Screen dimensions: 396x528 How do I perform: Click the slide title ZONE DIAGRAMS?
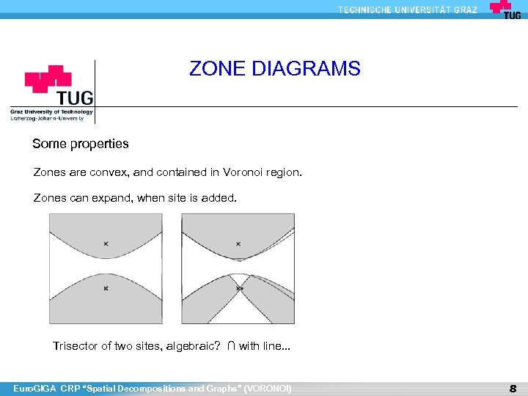pyautogui.click(x=275, y=69)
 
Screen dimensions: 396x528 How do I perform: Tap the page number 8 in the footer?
pyautogui.click(x=513, y=388)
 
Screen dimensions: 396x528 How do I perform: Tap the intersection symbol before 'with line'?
pyautogui.click(x=231, y=346)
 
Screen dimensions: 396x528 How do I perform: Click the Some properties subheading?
pyautogui.click(x=81, y=144)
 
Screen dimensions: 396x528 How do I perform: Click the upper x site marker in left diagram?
pyautogui.click(x=106, y=243)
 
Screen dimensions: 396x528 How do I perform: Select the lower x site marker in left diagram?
pyautogui.click(x=106, y=289)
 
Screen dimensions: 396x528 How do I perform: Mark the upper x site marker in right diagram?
pyautogui.click(x=238, y=243)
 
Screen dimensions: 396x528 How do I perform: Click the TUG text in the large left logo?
pyautogui.click(x=76, y=98)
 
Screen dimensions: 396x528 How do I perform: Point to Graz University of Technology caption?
pyautogui.click(x=51, y=112)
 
